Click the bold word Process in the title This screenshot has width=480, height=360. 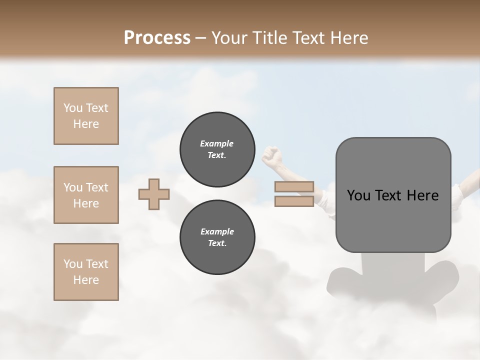pyautogui.click(x=157, y=38)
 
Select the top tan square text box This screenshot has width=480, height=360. pyautogui.click(x=86, y=116)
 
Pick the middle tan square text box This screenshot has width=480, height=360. pyautogui.click(x=86, y=195)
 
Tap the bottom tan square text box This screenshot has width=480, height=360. pyautogui.click(x=86, y=272)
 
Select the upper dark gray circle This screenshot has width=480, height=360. pyautogui.click(x=217, y=149)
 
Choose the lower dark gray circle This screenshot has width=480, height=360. pyautogui.click(x=217, y=237)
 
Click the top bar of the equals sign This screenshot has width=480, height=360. pyautogui.click(x=294, y=187)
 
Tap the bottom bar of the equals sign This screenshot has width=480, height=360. pyautogui.click(x=294, y=201)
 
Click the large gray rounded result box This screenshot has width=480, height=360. pyautogui.click(x=393, y=225)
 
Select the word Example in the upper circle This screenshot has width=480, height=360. pyautogui.click(x=216, y=143)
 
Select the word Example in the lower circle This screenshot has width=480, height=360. pyautogui.click(x=217, y=231)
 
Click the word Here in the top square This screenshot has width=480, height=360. pyautogui.click(x=86, y=124)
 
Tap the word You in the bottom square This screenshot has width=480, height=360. pyautogui.click(x=73, y=264)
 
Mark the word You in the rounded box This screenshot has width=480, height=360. pyautogui.click(x=358, y=195)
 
